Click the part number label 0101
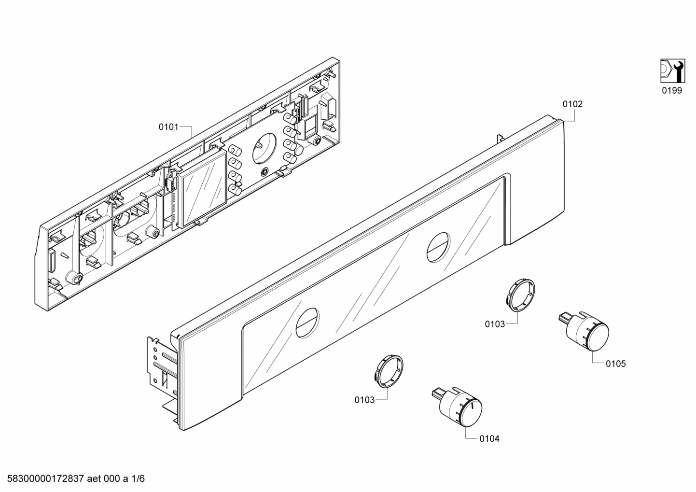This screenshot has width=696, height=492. click(x=168, y=127)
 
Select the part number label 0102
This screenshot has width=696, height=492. click(x=572, y=104)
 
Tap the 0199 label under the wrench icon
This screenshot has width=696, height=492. click(x=671, y=90)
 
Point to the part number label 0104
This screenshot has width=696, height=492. click(x=489, y=438)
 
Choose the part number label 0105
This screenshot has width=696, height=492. click(x=616, y=364)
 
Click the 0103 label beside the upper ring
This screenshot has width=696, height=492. click(x=495, y=324)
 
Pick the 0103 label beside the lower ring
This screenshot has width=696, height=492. click(x=364, y=400)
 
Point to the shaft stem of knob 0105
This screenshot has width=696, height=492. click(x=564, y=318)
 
